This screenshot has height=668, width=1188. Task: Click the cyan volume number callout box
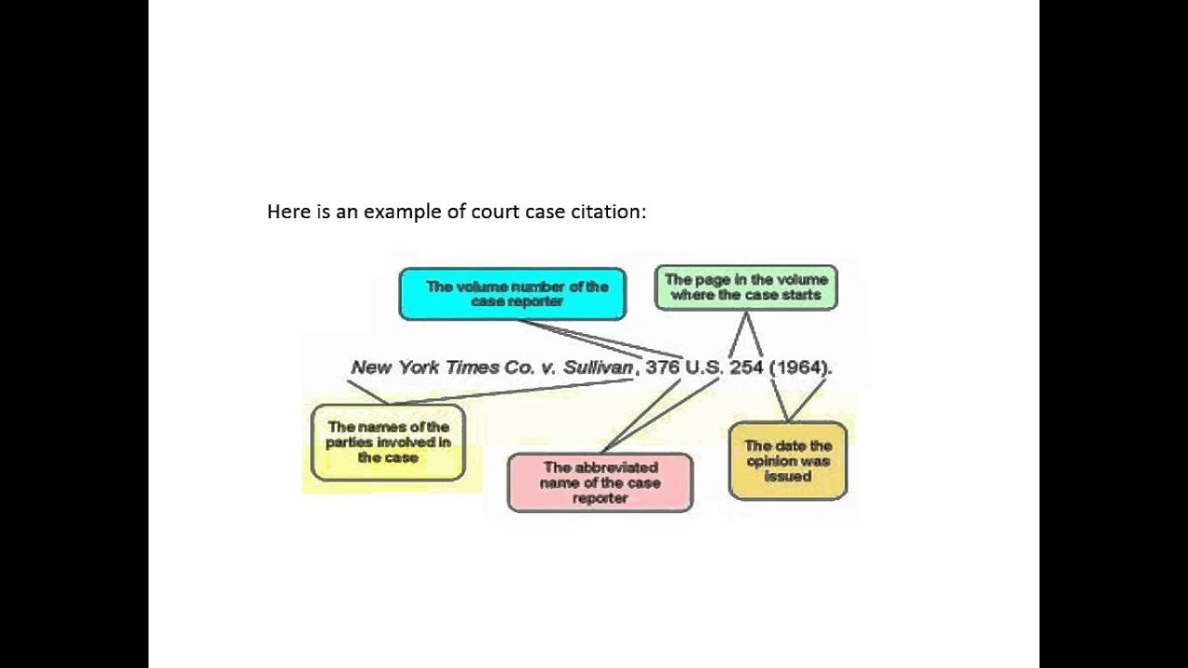pyautogui.click(x=512, y=294)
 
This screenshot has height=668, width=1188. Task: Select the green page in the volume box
pyautogui.click(x=745, y=288)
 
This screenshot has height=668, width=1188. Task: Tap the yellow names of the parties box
pyautogui.click(x=388, y=443)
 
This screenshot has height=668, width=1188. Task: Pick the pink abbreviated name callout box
pyautogui.click(x=600, y=482)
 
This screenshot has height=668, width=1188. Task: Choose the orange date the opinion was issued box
pyautogui.click(x=788, y=461)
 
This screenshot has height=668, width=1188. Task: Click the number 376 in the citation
pyautogui.click(x=663, y=367)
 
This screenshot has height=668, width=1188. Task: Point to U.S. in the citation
pyautogui.click(x=704, y=367)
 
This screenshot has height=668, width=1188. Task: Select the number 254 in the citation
pyautogui.click(x=746, y=367)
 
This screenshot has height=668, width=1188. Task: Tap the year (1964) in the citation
pyautogui.click(x=799, y=367)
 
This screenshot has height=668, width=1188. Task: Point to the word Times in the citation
pyautogui.click(x=472, y=367)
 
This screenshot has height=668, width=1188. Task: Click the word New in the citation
pyautogui.click(x=371, y=367)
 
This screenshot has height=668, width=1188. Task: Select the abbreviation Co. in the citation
pyautogui.click(x=520, y=367)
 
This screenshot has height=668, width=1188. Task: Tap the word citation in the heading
pyautogui.click(x=612, y=212)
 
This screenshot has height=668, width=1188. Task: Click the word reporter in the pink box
pyautogui.click(x=600, y=498)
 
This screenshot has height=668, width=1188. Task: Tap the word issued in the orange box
pyautogui.click(x=788, y=476)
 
